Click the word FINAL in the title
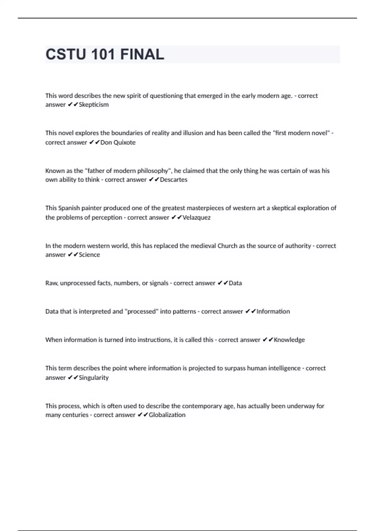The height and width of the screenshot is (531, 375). click(142, 55)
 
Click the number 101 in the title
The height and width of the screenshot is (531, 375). click(103, 55)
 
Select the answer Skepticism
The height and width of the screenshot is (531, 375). click(94, 105)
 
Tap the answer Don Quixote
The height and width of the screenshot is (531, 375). click(118, 142)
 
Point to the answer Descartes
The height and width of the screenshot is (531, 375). click(173, 180)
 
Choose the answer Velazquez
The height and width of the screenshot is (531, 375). click(196, 217)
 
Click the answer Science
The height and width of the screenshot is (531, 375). click(89, 255)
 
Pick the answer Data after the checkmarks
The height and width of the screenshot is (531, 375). click(235, 283)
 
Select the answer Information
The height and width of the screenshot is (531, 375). click(273, 311)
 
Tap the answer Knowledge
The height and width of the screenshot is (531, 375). click(289, 340)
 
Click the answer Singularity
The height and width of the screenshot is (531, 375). click(94, 378)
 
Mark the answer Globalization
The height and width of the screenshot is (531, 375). click(167, 415)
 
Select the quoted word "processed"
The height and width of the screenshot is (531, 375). click(142, 311)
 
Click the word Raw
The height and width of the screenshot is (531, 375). click(51, 283)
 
